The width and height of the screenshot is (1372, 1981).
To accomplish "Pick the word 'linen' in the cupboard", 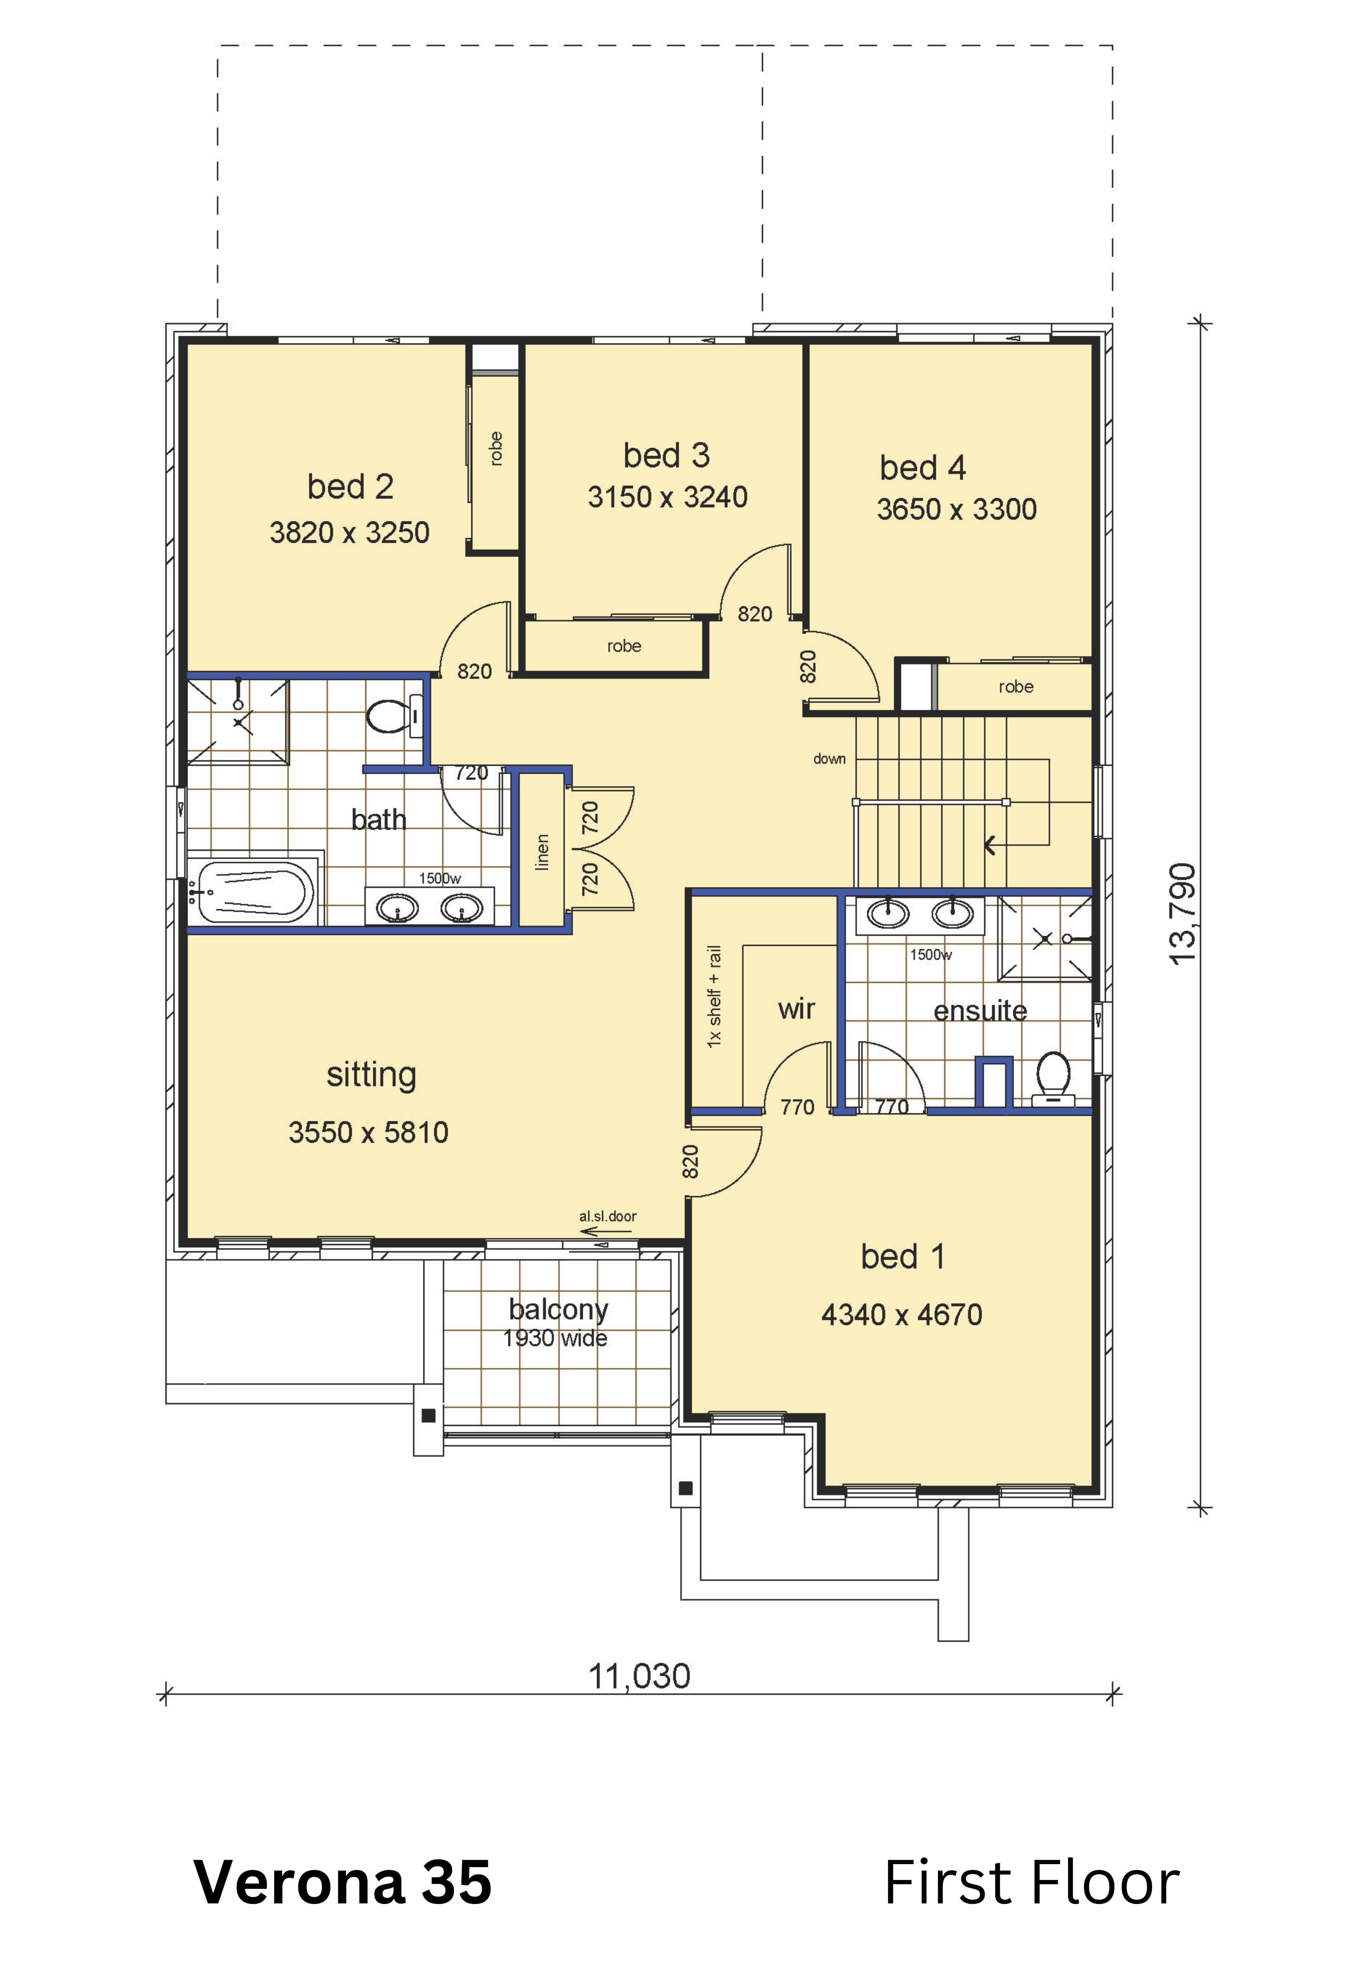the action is click(542, 852).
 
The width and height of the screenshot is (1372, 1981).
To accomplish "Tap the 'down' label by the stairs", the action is click(830, 759).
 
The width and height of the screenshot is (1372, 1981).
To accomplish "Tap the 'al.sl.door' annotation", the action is click(608, 1216).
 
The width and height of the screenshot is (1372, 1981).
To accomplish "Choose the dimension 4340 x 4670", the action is click(902, 1315).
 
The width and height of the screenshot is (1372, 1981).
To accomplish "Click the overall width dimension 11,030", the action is click(639, 1676).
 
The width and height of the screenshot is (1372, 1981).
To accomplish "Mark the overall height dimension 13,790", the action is click(1183, 914).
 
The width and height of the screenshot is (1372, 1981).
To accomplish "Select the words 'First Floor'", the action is click(1031, 1882).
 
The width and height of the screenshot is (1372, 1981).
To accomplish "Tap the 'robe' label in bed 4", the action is click(1016, 687).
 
